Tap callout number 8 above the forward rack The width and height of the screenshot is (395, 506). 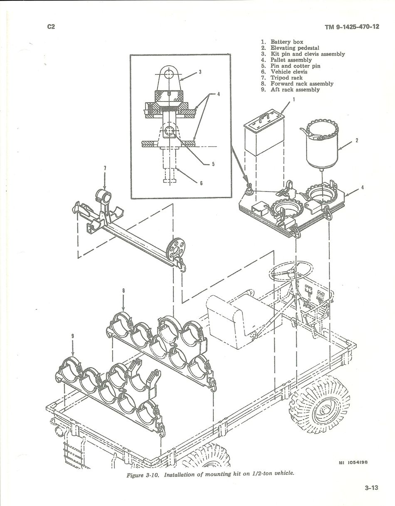click(123, 291)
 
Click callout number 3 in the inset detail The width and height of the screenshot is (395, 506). click(200, 72)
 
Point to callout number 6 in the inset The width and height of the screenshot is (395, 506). click(201, 183)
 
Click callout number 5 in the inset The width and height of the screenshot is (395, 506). click(213, 164)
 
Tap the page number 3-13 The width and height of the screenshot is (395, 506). click(371, 488)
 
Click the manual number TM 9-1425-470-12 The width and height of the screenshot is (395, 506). click(352, 27)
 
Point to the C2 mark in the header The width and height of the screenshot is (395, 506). click(51, 27)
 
